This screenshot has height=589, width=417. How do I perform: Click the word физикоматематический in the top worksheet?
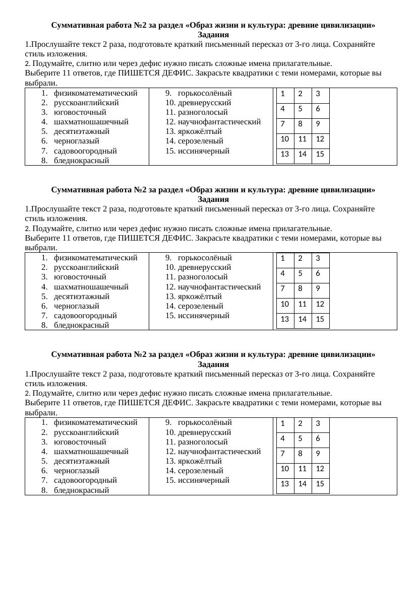(95, 93)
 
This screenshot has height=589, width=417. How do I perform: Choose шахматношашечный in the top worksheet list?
(91, 122)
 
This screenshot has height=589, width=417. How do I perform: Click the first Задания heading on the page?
(213, 35)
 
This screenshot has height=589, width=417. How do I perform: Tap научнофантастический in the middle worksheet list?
(219, 287)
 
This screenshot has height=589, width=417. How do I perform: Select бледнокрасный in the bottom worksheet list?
(82, 490)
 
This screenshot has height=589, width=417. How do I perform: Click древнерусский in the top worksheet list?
(204, 103)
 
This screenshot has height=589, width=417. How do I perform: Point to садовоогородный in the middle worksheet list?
(85, 316)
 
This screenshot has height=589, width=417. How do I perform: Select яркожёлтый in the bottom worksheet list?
(200, 461)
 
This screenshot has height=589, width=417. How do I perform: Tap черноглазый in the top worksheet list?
(77, 141)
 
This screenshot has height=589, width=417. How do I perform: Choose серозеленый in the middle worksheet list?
(200, 306)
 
